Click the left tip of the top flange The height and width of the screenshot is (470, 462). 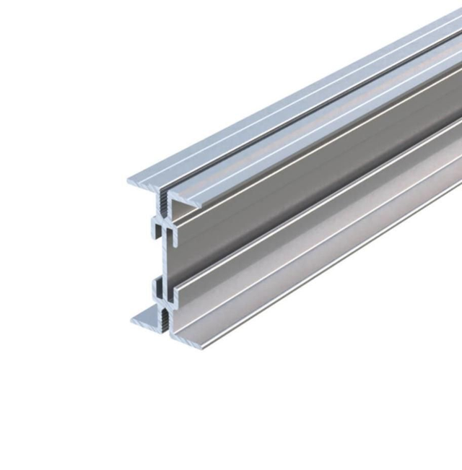coord(130,180)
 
